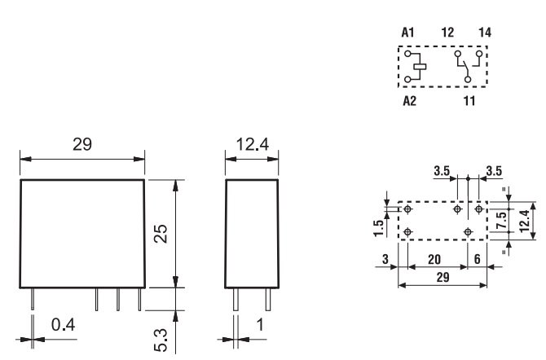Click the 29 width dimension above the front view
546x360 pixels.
pos(81,144)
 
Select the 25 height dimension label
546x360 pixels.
pos(161,234)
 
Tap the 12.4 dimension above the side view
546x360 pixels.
pos(251,144)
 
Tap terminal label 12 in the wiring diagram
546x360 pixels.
pos(447,33)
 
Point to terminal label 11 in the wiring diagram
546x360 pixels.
pos(470,103)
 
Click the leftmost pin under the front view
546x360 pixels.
pos(33,300)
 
